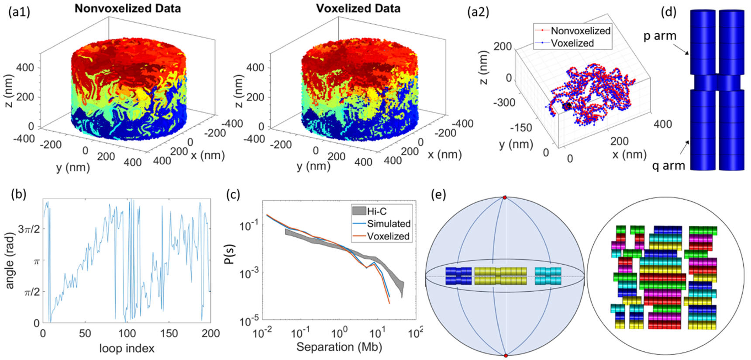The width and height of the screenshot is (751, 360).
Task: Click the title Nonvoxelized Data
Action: tap(127, 8)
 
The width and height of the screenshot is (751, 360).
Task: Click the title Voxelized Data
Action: tap(358, 8)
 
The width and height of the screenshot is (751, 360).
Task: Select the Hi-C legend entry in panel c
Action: tap(376, 211)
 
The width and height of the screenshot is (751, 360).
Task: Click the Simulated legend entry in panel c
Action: tap(388, 224)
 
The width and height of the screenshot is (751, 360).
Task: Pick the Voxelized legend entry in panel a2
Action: tap(572, 43)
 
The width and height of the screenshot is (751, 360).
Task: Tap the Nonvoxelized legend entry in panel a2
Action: tap(580, 31)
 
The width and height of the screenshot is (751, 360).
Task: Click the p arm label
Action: tap(660, 36)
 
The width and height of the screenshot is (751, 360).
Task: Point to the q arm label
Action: tap(668, 166)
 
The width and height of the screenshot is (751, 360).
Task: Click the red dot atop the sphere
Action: tap(505, 198)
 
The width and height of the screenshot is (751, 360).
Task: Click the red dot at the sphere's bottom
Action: tap(506, 356)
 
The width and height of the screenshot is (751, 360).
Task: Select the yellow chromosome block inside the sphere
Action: tap(500, 276)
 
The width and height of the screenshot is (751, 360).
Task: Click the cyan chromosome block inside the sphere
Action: tap(548, 276)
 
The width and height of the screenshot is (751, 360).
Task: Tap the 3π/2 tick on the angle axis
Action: tap(29, 228)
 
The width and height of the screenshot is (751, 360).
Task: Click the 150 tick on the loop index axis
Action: tap(169, 333)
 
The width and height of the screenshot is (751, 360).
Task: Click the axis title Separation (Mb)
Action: tap(339, 347)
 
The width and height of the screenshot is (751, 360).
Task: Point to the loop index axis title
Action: tap(127, 348)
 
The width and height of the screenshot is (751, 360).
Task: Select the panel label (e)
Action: tap(438, 194)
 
